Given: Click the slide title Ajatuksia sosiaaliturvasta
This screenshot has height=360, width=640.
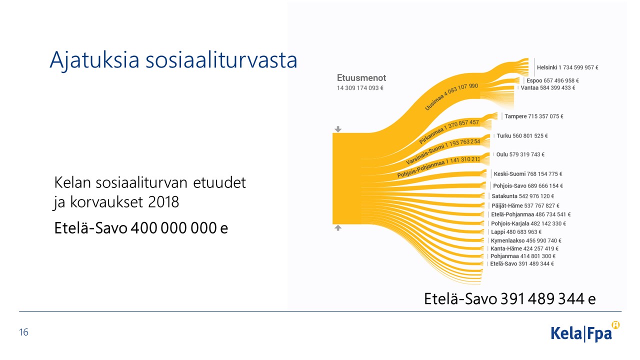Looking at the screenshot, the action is (173, 60).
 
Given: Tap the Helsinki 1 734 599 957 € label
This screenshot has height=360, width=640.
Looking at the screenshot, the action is (567, 67).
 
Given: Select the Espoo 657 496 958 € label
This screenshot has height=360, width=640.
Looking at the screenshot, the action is (552, 80).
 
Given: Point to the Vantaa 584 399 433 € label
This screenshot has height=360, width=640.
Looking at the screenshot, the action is (547, 87).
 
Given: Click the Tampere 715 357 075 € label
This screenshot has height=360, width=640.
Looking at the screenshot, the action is (533, 116).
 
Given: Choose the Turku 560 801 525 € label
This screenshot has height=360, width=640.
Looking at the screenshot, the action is (522, 135).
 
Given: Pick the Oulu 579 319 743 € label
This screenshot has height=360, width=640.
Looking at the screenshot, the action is (520, 154).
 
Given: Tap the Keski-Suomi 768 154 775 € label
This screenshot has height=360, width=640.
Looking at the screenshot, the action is (527, 174).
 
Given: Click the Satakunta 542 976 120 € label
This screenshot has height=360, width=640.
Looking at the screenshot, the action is (522, 196).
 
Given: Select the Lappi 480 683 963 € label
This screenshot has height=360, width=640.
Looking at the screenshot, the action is (516, 232).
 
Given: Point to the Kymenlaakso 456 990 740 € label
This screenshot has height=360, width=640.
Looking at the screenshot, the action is (526, 241).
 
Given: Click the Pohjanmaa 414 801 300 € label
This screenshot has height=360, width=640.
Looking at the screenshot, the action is (523, 256).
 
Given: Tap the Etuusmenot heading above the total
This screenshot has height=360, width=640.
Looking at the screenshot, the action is (361, 77).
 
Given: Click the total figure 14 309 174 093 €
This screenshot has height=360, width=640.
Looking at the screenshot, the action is (360, 88).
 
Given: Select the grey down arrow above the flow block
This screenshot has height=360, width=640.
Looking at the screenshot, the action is (338, 129).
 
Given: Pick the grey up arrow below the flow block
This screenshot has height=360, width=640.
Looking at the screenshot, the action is (338, 227).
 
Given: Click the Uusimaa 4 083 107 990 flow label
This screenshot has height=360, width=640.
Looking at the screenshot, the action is (451, 96).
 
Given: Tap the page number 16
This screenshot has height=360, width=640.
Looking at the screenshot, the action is (23, 332).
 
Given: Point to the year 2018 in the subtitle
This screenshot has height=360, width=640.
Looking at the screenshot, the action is (163, 202).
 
